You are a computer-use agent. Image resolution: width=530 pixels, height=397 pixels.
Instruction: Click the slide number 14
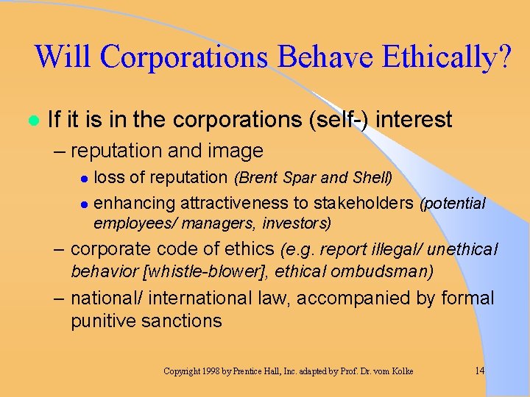479,371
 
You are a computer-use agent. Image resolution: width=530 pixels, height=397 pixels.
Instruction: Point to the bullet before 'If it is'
32,120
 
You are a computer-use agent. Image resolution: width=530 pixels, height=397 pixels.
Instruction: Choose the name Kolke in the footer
398,371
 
